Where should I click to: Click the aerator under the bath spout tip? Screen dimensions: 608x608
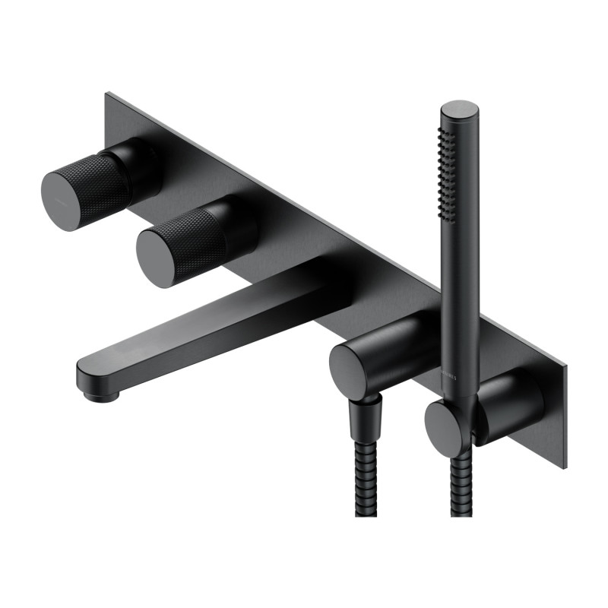(99, 394)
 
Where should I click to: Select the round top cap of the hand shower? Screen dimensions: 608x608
(460, 111)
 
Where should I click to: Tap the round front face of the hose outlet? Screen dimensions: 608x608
(350, 371)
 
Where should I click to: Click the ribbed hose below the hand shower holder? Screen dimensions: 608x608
(460, 486)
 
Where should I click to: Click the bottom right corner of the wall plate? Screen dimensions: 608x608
(564, 466)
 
